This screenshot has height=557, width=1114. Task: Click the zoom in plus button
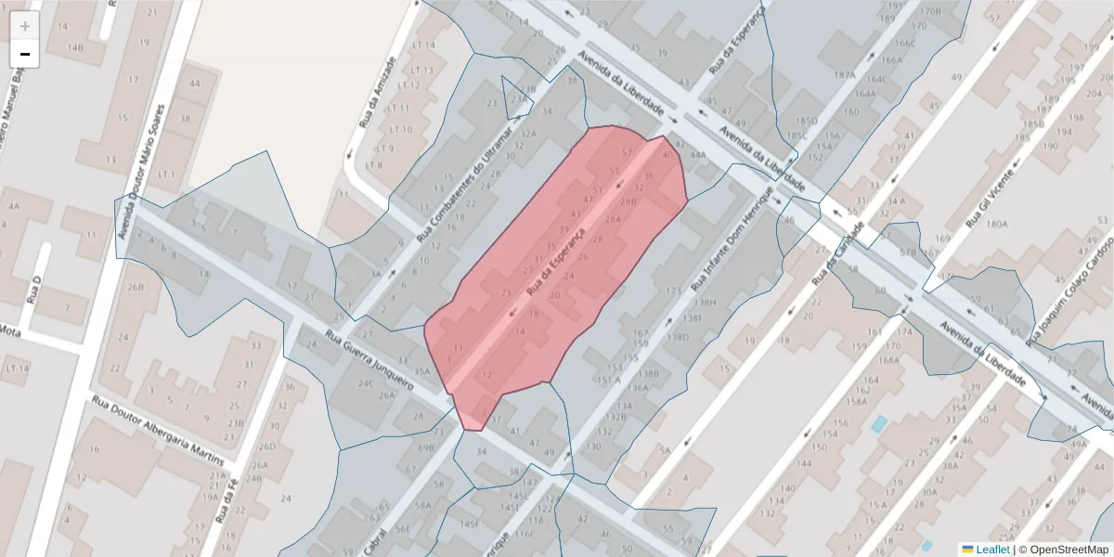(24, 26)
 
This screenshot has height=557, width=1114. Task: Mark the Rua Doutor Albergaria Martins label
(158, 431)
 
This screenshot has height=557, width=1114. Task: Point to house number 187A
(844, 75)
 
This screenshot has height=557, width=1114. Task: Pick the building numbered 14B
(75, 47)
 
